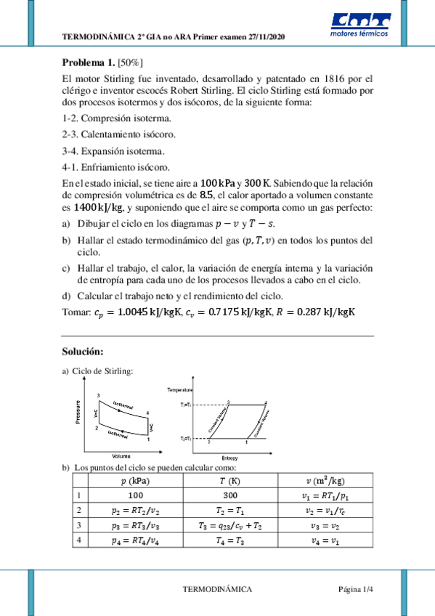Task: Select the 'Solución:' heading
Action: pos(83,352)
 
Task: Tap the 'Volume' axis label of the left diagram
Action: pos(121,455)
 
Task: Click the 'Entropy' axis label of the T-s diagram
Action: pos(229,458)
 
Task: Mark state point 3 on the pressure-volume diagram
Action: pos(98,394)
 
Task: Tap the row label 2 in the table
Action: pos(78,510)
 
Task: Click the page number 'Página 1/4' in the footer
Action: pos(355,589)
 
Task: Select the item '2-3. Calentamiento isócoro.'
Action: pos(118,134)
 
